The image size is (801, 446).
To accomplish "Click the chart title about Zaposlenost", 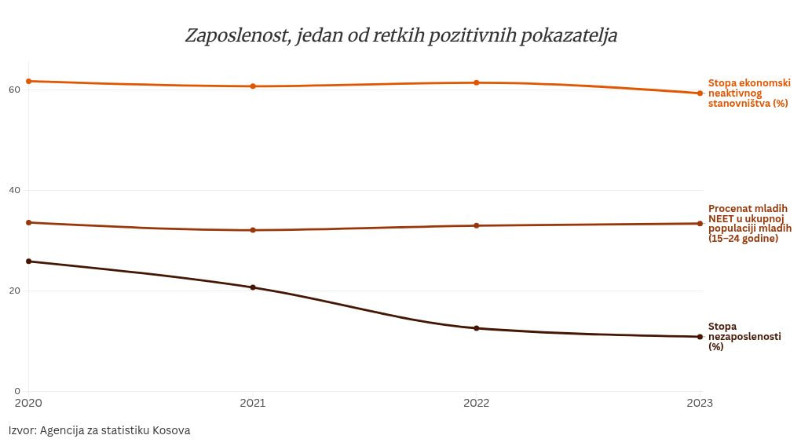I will pos(400,36).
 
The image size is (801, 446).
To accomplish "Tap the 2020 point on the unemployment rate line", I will pos(29,261).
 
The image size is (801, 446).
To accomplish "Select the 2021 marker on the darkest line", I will pos(253,287).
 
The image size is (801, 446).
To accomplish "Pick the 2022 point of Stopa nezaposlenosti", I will pos(476,328).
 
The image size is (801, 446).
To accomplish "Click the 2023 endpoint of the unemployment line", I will pos(700,337).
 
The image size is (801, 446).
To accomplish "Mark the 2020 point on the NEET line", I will pos(29,222).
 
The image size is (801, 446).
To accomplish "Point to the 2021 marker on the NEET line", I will pos(253,230).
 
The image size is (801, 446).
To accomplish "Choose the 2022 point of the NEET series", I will pos(476,226).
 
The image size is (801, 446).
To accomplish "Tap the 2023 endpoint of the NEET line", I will pos(700,224).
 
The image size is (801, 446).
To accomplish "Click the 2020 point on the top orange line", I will pos(29,81).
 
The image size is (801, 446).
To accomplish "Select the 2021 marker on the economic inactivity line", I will pos(253,86).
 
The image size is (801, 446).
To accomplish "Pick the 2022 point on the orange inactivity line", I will pos(476,82).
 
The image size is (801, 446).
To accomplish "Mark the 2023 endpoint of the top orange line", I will pos(700,93).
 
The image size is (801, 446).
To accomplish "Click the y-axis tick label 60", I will pos(14,90).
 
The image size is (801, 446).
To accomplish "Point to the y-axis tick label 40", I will pos(14,190).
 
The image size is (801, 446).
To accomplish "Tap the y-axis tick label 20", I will pos(14,291).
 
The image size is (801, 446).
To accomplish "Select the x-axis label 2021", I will pos(253,403).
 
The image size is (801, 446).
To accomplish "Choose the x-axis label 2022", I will pos(476,403).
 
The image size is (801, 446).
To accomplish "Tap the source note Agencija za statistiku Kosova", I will pos(100,430).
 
